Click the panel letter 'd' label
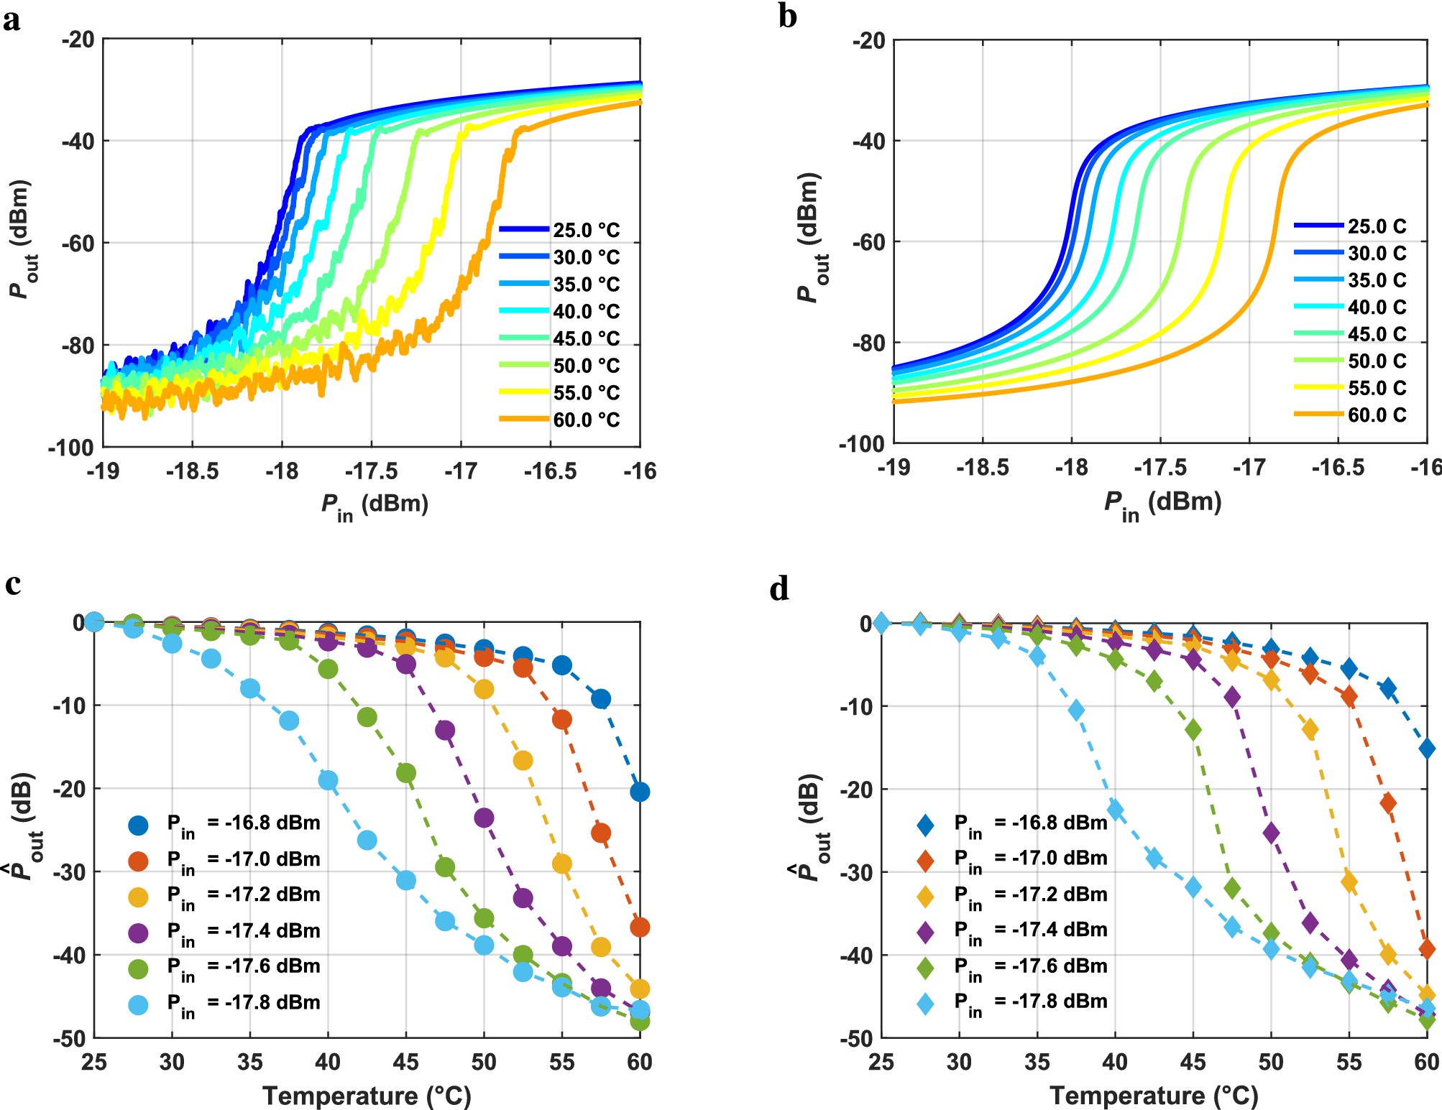pos(779,590)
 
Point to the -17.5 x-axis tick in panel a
pos(371,471)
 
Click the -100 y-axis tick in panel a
pos(71,448)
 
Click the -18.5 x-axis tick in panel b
pos(982,468)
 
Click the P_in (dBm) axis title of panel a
pos(375,505)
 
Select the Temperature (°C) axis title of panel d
pos(1154,1096)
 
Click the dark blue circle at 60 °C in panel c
pos(640,792)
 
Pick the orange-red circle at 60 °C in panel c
pos(640,927)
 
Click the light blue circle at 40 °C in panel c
pos(328,780)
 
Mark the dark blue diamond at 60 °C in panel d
pos(1428,749)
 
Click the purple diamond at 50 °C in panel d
pos(1271,833)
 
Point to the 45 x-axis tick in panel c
pos(405,1062)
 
